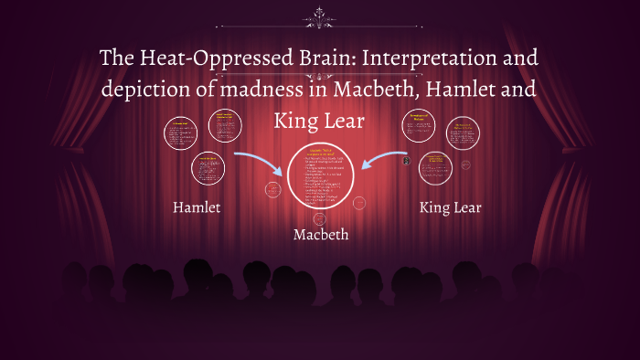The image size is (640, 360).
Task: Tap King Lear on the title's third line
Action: [319, 121]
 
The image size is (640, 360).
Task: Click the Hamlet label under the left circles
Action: [197, 207]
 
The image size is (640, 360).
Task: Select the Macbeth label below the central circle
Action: [320, 235]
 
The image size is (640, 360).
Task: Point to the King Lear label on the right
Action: [450, 207]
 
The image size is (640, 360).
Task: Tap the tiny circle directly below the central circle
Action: [319, 218]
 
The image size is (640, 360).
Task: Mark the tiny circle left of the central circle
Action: [272, 190]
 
